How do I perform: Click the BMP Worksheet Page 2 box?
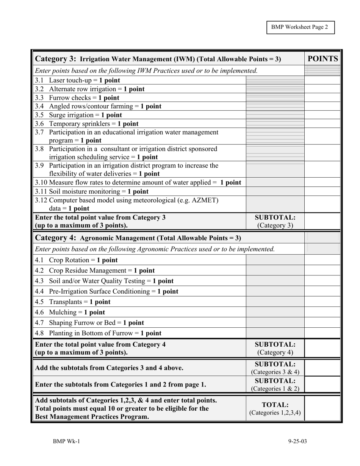coord(300,27)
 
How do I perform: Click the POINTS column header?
coord(322,59)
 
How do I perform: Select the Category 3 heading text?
coord(158,59)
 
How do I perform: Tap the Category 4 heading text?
coord(138,238)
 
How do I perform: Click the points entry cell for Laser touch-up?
coord(322,80)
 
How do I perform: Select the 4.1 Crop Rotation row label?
coord(76,260)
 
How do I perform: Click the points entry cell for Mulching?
coord(322,312)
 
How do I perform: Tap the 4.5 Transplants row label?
coord(73,302)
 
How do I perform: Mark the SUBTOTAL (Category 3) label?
coord(275,221)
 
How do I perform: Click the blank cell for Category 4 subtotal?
coord(322,348)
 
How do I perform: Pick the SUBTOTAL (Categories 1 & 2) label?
coord(275,385)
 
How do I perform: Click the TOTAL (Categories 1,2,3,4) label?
coord(275,408)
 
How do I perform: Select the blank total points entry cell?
coord(322,408)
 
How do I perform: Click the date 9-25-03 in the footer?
coord(297,441)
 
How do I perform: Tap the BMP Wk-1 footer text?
coord(66,441)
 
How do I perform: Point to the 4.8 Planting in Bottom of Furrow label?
coord(98,333)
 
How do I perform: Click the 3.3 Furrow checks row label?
coord(77,98)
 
